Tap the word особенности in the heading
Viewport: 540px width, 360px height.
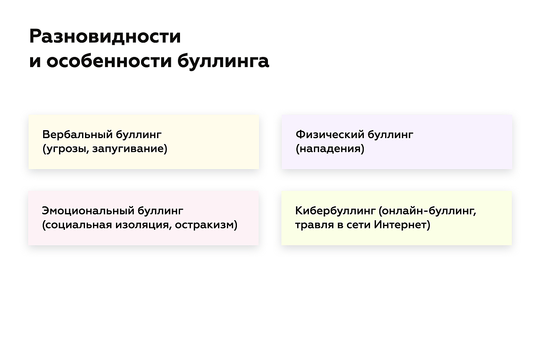pyautogui.click(x=109, y=61)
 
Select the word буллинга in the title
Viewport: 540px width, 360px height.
pyautogui.click(x=223, y=62)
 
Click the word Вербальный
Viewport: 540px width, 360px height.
pyautogui.click(x=78, y=134)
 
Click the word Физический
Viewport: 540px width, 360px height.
pyautogui.click(x=330, y=134)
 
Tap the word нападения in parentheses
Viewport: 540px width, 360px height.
pyautogui.click(x=330, y=149)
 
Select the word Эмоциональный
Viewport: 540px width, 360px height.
pyautogui.click(x=88, y=211)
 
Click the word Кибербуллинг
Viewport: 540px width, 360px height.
pyautogui.click(x=335, y=211)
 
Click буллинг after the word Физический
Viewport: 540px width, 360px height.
pyautogui.click(x=391, y=134)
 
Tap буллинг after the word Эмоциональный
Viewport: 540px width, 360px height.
pyautogui.click(x=160, y=211)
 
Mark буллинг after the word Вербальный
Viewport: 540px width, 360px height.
pyautogui.click(x=139, y=134)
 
